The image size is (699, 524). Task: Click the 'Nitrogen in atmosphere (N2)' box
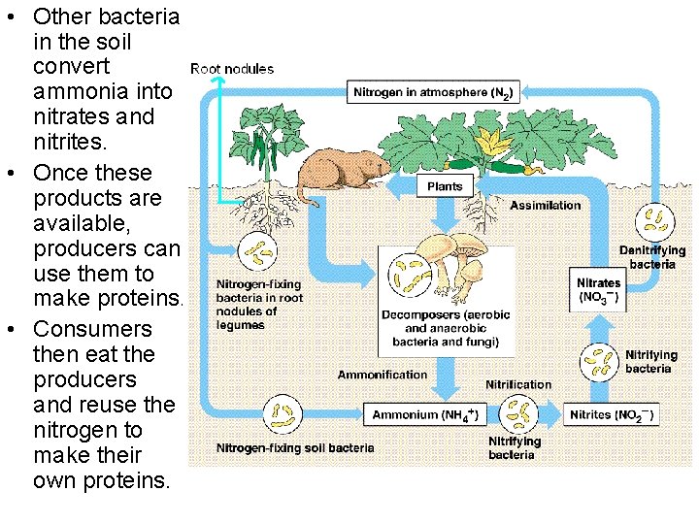pyautogui.click(x=434, y=93)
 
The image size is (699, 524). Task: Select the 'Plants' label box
pyautogui.click(x=445, y=185)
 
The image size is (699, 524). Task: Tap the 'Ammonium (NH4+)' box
pyautogui.click(x=424, y=414)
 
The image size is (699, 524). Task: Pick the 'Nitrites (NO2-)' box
pyautogui.click(x=612, y=414)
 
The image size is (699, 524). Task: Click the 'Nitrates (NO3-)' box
pyautogui.click(x=598, y=289)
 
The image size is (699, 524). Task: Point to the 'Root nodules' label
pyautogui.click(x=232, y=69)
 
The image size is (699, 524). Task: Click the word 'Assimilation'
pyautogui.click(x=546, y=205)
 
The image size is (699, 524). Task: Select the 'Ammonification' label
pyautogui.click(x=382, y=375)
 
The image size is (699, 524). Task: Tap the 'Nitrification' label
pyautogui.click(x=518, y=384)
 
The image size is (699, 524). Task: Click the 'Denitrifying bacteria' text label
pyautogui.click(x=651, y=257)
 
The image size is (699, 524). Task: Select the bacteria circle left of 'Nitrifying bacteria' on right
pyautogui.click(x=599, y=361)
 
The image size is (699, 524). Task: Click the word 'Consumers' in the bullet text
pyautogui.click(x=92, y=329)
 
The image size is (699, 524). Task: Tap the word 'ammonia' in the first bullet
pyautogui.click(x=103, y=92)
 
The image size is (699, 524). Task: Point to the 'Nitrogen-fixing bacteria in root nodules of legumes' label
pyautogui.click(x=259, y=305)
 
